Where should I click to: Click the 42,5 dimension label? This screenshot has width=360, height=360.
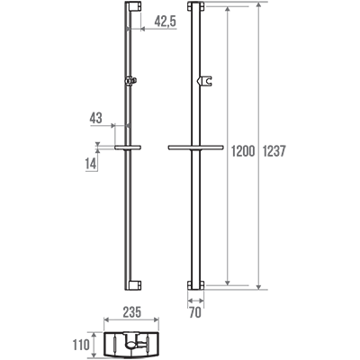tap(166, 22)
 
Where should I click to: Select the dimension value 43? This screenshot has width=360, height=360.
tap(96, 118)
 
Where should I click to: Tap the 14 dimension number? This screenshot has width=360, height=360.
tap(91, 164)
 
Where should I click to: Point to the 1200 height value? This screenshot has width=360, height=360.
tap(243, 151)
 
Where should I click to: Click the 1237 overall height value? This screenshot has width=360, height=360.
tap(274, 151)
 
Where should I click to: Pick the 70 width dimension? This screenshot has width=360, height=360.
tap(195, 313)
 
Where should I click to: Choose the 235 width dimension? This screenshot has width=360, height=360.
tap(131, 312)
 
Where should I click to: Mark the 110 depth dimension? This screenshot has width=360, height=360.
tap(81, 345)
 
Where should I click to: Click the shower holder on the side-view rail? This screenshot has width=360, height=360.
tap(130, 80)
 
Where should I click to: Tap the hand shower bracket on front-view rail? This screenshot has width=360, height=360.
tap(205, 81)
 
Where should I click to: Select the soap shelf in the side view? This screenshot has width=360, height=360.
tap(128, 148)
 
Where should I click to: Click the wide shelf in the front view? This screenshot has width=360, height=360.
tap(195, 148)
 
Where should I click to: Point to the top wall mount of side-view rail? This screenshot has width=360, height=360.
tap(134, 6)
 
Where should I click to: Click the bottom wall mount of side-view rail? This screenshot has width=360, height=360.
tap(134, 285)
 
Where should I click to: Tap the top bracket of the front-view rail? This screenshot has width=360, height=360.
tap(195, 6)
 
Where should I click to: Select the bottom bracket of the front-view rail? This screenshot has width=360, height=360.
tap(195, 285)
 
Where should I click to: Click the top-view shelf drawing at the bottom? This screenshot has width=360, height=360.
tap(131, 346)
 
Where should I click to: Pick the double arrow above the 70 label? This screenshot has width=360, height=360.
tap(195, 300)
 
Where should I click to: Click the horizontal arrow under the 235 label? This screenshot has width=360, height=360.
tap(131, 320)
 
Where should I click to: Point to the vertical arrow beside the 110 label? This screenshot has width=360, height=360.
tap(94, 345)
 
